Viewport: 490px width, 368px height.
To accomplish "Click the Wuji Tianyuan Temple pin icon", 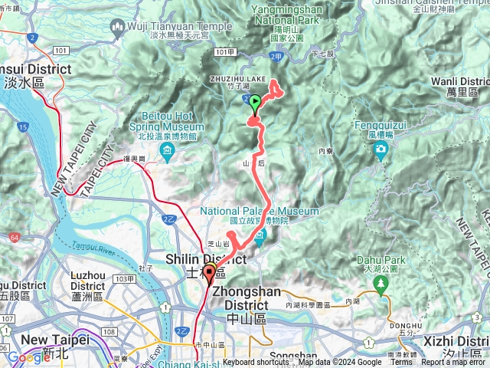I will coord(118,29).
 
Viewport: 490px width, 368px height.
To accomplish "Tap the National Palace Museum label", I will coord(260,212).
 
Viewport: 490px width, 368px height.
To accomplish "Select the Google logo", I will coord(28,357).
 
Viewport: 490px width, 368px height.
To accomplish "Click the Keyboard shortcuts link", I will coord(256,363).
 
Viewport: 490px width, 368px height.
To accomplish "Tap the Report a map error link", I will coord(454,363).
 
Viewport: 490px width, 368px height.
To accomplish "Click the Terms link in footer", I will coord(401,363).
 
